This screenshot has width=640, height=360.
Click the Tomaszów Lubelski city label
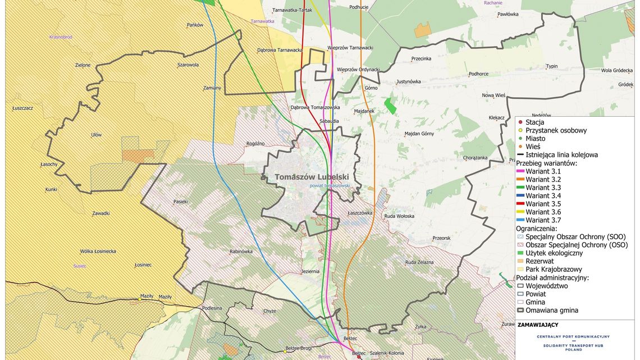pyautogui.click(x=313, y=177)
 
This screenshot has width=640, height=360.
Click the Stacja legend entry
pyautogui.click(x=534, y=122)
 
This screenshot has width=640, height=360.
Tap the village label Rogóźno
pyautogui.click(x=255, y=144)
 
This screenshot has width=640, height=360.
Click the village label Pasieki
pyautogui.click(x=180, y=201)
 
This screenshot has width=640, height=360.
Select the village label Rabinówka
pyautogui.click(x=241, y=252)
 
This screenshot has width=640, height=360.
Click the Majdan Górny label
pyautogui.click(x=419, y=134)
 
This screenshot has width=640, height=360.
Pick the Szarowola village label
pyautogui.click(x=188, y=65)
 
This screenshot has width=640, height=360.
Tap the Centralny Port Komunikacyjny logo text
pyautogui.click(x=573, y=337)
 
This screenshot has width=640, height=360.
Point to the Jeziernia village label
pyautogui.click(x=310, y=271)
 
